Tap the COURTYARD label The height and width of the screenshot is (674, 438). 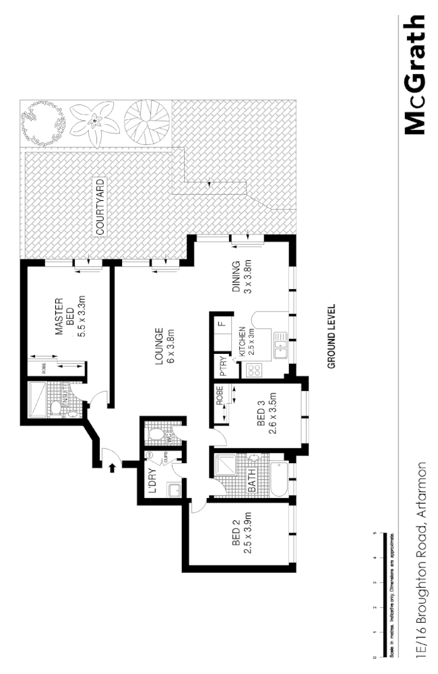coord(100,207)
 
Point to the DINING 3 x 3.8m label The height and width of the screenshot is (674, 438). coord(241,277)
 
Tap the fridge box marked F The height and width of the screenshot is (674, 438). coord(221,325)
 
